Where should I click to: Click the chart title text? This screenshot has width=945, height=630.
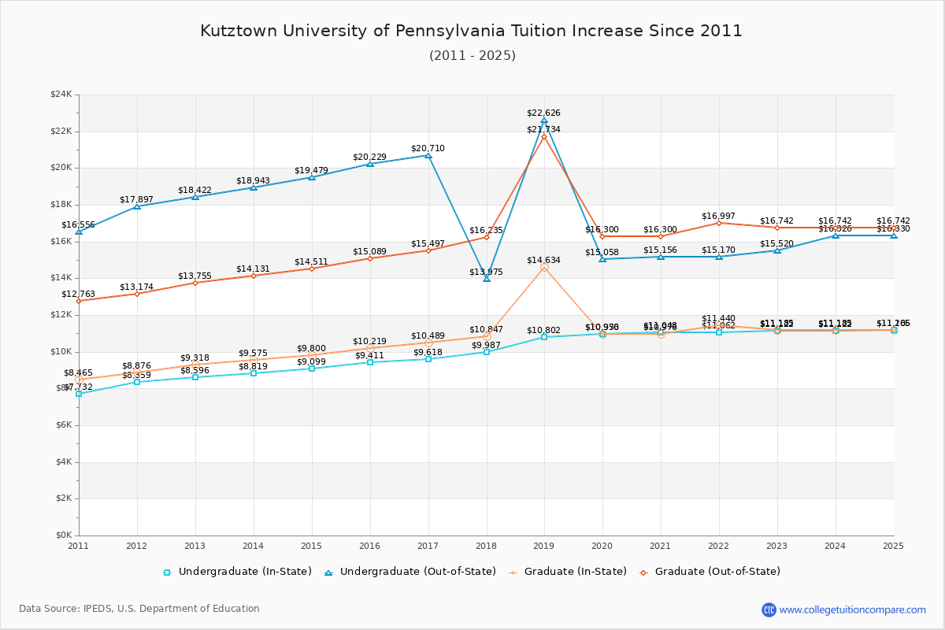[471, 31]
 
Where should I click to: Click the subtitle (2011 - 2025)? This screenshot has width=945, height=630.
[472, 55]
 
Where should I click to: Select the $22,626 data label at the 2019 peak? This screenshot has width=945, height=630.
[543, 113]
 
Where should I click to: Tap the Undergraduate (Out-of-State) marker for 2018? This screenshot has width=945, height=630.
[487, 278]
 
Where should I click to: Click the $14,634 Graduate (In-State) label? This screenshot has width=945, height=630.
[543, 260]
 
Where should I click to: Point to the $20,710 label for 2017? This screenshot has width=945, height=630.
[428, 148]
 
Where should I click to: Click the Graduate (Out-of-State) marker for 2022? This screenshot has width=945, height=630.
[719, 223]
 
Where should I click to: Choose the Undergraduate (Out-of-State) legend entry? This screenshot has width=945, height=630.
[409, 572]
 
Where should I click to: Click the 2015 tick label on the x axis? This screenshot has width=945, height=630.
[311, 545]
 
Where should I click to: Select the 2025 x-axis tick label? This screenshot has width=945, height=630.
[893, 545]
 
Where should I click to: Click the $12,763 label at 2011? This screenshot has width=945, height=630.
[78, 294]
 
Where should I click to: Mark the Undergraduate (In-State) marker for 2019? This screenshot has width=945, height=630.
[544, 337]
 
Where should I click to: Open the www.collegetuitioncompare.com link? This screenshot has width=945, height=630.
[852, 610]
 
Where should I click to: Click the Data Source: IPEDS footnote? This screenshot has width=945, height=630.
[139, 609]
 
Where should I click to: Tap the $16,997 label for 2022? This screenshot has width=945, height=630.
[718, 216]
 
